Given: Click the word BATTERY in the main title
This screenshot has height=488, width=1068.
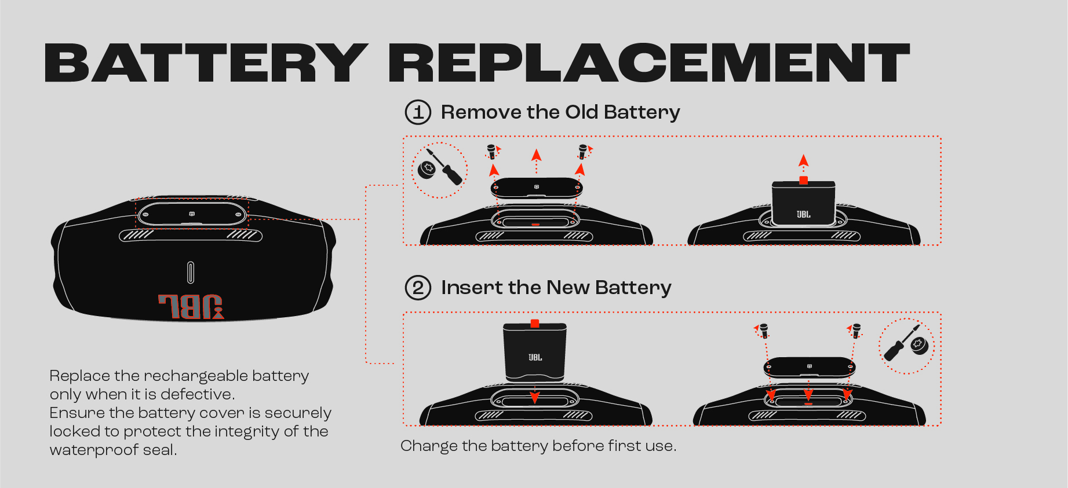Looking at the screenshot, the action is pos(206,63).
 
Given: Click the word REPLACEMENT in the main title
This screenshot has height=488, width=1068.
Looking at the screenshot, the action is pos(649,63).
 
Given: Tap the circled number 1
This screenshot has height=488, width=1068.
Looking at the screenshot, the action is pos(418,112).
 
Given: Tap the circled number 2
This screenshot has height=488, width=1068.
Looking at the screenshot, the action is pos(418,288).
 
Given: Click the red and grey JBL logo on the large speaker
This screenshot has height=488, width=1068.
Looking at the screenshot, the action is pos(191,307).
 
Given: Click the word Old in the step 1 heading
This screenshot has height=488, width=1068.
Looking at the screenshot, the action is pos(581,112).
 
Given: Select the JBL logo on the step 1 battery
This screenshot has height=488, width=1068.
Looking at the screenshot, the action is pos(803,214).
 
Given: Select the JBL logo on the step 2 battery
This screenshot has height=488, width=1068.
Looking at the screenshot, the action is pos(535,357).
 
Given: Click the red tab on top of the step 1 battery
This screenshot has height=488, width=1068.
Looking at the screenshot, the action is pos(803,181).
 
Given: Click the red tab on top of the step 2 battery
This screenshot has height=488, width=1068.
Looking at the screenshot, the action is pos(535,324).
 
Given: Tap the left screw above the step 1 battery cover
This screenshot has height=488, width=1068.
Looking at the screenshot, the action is pos(491,152).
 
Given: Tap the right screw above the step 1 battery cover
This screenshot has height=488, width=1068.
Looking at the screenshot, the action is pos(583,152).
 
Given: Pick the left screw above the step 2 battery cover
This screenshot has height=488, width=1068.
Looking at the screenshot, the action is pos(764,331).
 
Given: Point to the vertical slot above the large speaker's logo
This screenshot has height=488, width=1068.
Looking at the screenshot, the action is pos(191,273).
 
